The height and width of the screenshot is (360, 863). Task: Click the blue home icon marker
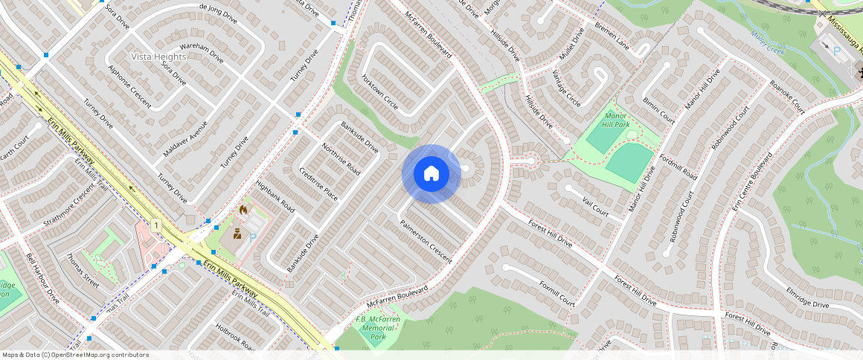click(x=431, y=174)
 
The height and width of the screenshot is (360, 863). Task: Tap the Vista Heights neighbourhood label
click(x=158, y=57)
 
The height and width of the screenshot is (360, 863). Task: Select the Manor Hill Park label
click(x=617, y=120)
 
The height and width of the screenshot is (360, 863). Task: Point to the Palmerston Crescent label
click(x=426, y=242)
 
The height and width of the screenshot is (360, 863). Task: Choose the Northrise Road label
click(x=341, y=158)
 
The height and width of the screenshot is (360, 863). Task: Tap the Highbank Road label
click(x=275, y=196)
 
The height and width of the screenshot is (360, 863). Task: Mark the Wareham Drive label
click(x=202, y=54)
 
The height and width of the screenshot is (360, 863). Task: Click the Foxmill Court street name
click(x=556, y=293)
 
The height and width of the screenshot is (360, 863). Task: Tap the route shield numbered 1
click(x=156, y=225)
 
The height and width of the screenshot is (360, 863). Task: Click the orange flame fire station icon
click(x=243, y=211)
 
